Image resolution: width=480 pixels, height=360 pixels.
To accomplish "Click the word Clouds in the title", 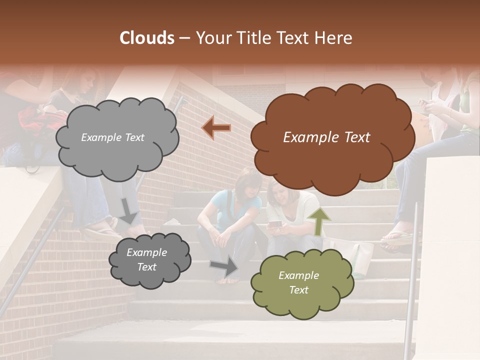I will tap(147, 38).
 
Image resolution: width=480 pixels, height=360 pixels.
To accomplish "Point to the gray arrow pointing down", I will tap(128, 210).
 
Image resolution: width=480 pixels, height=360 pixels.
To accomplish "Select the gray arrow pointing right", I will tap(224, 267).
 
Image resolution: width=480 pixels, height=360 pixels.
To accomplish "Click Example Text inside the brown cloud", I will tap(326, 137).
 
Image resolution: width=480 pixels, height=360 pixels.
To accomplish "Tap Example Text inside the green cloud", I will tap(298, 282).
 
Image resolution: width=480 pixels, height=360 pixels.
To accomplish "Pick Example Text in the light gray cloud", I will tap(112, 137).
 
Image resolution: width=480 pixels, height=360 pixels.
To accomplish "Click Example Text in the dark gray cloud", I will tap(146, 260).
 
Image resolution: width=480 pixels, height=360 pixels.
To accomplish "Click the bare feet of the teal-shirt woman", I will tap(231, 280).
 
